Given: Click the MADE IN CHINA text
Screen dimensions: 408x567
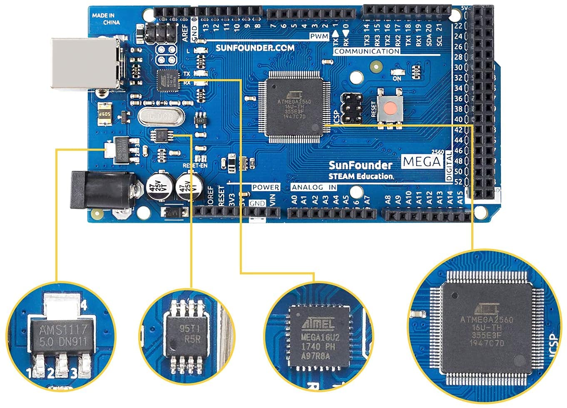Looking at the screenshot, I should (x=106, y=19).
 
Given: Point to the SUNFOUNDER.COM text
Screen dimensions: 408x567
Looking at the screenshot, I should (x=255, y=48).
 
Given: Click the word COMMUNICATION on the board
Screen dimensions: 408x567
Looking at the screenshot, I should (x=366, y=51).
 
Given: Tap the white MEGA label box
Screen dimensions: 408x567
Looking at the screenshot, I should (x=422, y=162).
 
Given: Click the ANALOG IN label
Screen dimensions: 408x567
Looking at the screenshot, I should (x=314, y=187).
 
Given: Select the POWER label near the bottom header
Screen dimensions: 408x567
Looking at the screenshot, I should (x=265, y=187).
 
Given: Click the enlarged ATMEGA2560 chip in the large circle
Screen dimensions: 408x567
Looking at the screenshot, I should (x=487, y=329).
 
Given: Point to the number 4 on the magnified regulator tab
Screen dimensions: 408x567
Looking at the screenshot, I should (x=84, y=306).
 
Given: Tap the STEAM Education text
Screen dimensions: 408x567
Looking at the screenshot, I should (x=361, y=176).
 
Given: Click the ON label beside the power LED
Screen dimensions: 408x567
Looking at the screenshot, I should (x=397, y=78).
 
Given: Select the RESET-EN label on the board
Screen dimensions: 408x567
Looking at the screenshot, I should (x=195, y=165).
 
